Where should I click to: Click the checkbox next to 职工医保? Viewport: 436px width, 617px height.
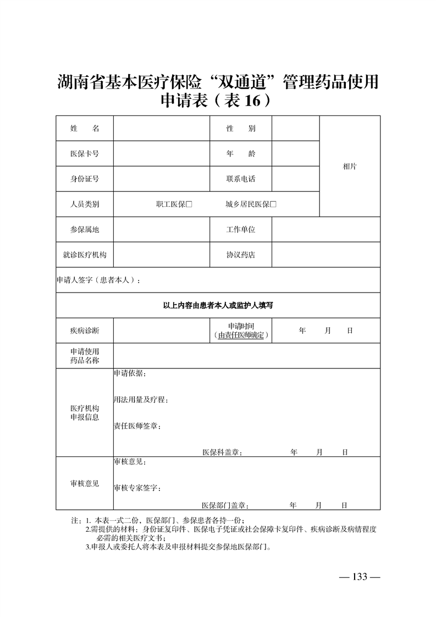[189, 205]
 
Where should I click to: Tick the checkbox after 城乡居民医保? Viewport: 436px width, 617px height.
[273, 205]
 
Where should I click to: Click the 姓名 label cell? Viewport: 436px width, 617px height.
[85, 129]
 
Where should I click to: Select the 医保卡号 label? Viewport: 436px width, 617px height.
[85, 154]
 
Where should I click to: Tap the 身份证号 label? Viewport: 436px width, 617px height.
[85, 179]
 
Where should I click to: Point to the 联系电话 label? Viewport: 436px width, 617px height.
[241, 179]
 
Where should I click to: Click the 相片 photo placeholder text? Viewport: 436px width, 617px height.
[350, 167]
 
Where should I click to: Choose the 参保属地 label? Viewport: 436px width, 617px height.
[85, 230]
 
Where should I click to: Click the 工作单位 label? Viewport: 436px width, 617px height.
[241, 230]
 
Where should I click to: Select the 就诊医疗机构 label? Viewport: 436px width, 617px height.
[85, 255]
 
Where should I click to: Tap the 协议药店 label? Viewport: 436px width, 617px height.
[241, 255]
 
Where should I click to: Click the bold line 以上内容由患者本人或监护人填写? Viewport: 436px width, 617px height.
[218, 305]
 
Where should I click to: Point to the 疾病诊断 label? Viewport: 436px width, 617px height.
[85, 331]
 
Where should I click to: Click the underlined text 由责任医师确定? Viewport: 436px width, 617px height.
[241, 335]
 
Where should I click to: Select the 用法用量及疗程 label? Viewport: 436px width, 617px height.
[141, 400]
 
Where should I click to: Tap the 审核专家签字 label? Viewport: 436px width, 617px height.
[137, 488]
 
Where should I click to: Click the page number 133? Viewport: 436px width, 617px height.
[360, 577]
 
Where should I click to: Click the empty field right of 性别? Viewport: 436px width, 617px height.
[295, 129]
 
